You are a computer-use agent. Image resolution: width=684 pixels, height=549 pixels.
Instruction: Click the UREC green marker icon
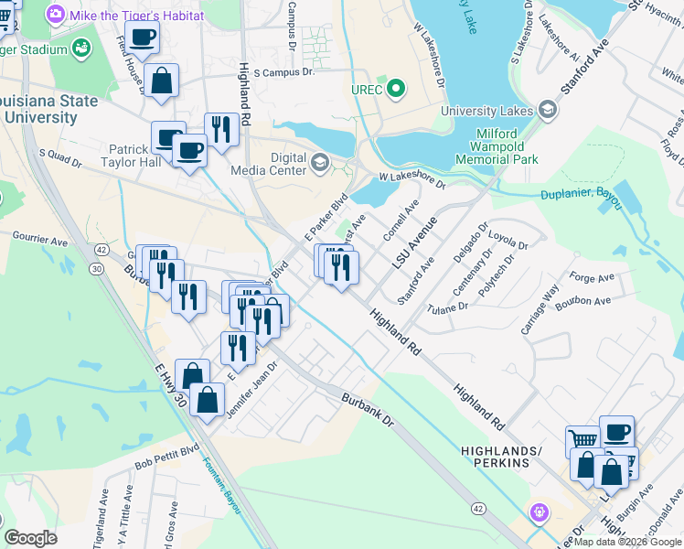(x=396, y=90)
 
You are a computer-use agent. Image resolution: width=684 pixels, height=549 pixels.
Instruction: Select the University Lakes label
(x=488, y=111)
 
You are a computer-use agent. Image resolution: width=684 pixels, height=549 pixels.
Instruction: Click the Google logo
(x=30, y=538)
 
